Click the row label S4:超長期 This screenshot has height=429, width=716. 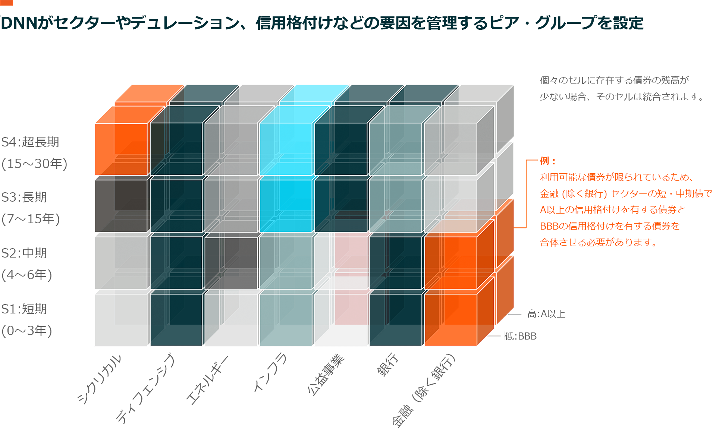(x=30, y=142)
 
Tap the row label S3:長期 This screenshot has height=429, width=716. (x=24, y=197)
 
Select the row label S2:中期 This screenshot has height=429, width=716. (x=24, y=253)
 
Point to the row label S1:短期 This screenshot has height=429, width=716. (x=24, y=309)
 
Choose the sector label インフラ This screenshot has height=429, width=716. (x=270, y=372)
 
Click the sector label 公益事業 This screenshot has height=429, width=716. (x=326, y=374)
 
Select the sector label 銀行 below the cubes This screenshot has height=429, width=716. (x=388, y=365)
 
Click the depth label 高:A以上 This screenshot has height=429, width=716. (x=546, y=314)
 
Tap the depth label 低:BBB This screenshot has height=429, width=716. (x=521, y=336)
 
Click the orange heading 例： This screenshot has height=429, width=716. (x=548, y=161)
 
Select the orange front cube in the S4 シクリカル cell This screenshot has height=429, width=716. (x=121, y=149)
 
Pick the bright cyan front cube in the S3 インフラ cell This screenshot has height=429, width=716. (x=286, y=206)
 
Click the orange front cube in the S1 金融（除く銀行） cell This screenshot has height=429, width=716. (x=450, y=319)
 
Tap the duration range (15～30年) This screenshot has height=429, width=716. (x=34, y=164)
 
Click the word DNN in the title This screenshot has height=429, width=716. (x=19, y=23)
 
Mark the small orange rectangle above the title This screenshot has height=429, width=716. (x=6, y=3)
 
